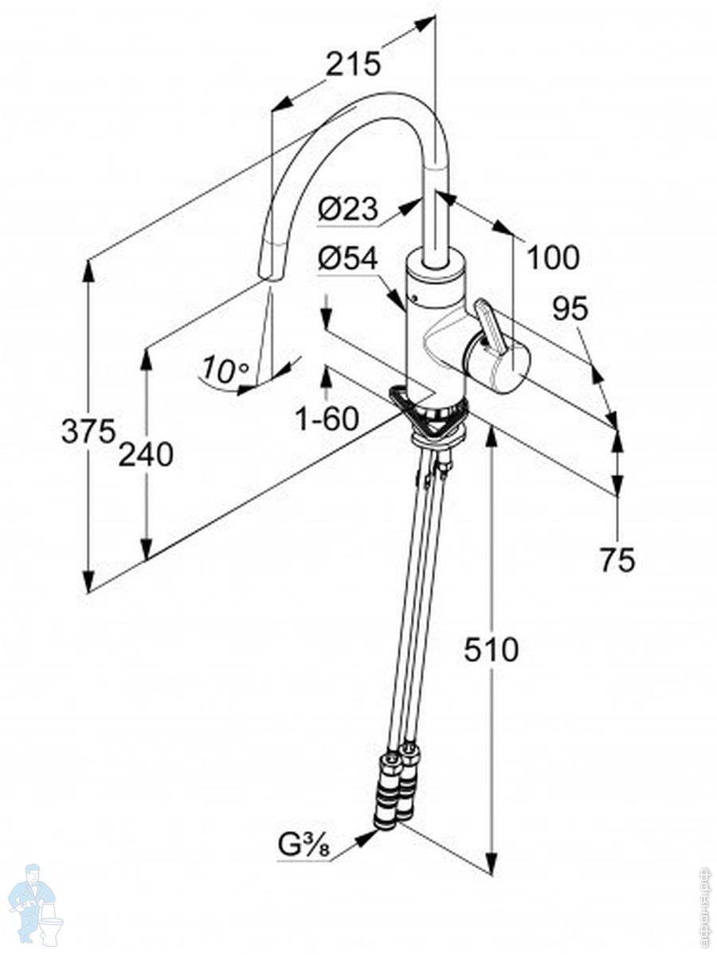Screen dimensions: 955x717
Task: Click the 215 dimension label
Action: click(x=353, y=64)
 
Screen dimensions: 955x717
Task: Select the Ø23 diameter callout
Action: click(x=347, y=209)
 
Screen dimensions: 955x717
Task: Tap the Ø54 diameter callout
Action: click(x=347, y=258)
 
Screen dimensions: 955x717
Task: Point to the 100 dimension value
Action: click(x=553, y=257)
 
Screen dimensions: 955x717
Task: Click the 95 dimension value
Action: click(x=570, y=309)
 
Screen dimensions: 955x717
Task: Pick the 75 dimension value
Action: click(x=617, y=560)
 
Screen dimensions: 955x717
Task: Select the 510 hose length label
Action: click(x=492, y=650)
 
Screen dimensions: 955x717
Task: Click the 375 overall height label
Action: click(x=88, y=431)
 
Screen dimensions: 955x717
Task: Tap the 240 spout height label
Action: click(x=146, y=454)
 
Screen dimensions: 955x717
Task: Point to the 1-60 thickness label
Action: click(x=327, y=418)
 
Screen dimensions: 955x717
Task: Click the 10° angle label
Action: click(x=225, y=369)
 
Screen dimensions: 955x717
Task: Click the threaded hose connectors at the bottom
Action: click(x=396, y=788)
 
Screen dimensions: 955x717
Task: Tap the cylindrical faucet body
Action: click(x=434, y=334)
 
